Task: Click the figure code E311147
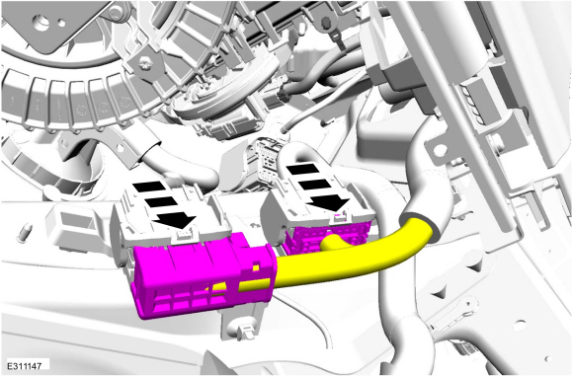pyautogui.click(x=25, y=365)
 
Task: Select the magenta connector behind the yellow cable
pyautogui.click(x=322, y=236)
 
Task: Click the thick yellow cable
pyautogui.click(x=351, y=261)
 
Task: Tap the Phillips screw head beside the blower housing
pyautogui.click(x=145, y=63)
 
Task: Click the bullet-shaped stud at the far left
pyautogui.click(x=25, y=233)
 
